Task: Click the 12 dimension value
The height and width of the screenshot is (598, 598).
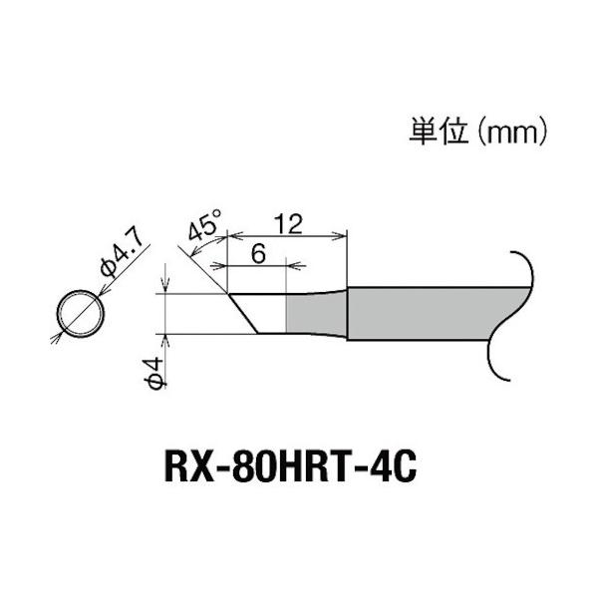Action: point(288,223)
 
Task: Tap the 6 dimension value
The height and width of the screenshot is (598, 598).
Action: point(256,253)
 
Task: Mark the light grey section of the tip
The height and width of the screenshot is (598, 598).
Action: point(316,313)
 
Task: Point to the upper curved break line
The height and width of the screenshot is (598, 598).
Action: point(518,267)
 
